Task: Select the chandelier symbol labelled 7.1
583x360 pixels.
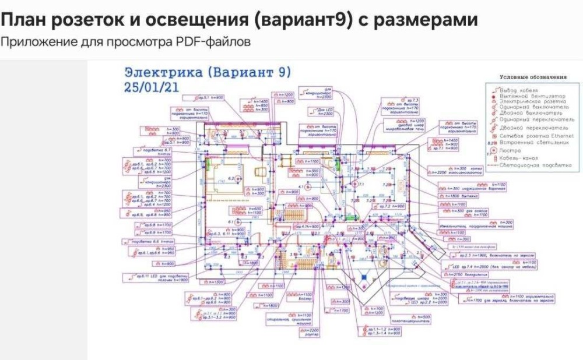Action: click(x=353, y=183)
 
